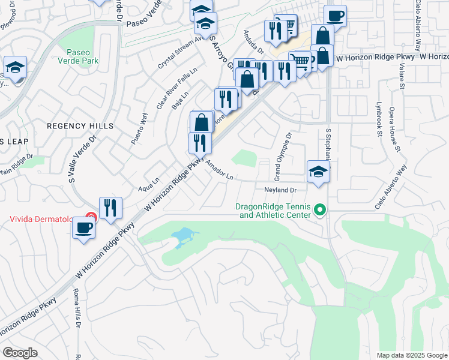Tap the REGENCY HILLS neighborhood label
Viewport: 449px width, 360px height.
[x=80, y=126]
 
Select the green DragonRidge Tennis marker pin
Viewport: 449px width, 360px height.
[x=320, y=211]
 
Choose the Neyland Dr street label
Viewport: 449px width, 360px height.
[x=281, y=190]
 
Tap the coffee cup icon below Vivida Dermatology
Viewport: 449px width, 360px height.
[x=83, y=228]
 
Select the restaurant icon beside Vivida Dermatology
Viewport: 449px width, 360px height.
[x=110, y=208]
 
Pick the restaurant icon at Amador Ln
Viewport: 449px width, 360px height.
[x=200, y=143]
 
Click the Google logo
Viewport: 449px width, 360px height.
[x=19, y=353]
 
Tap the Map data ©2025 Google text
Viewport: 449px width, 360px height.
[x=411, y=355]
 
